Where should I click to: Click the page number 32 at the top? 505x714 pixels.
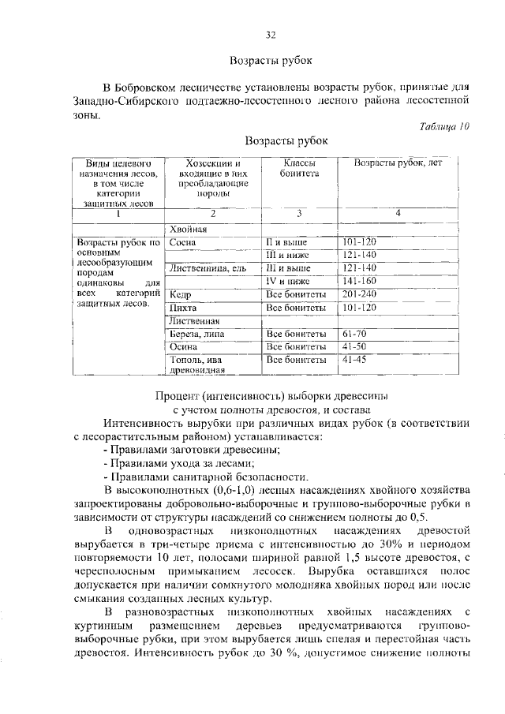[271, 35]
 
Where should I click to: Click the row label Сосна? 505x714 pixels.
[183, 241]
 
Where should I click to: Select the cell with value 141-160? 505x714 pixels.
[360, 280]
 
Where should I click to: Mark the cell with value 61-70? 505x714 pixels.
[355, 334]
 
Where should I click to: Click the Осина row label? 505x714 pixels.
[184, 346]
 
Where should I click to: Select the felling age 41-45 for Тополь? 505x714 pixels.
[355, 360]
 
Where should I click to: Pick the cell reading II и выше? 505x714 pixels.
[286, 241]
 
